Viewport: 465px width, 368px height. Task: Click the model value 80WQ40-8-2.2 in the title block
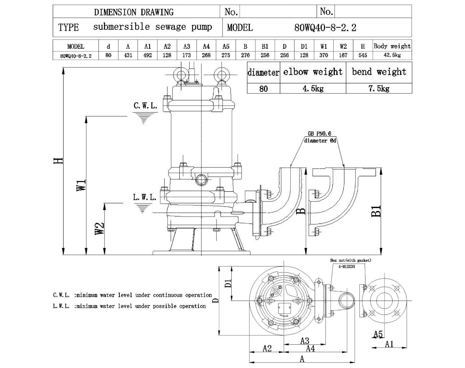click(x=325, y=28)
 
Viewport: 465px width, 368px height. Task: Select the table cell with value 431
click(x=128, y=55)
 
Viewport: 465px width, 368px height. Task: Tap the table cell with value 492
click(x=148, y=55)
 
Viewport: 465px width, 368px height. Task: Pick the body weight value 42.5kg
click(x=392, y=55)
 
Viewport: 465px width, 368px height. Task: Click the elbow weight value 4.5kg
click(x=312, y=89)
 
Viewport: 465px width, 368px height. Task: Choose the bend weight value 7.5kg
click(x=379, y=89)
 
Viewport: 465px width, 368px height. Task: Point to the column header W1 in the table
click(x=324, y=46)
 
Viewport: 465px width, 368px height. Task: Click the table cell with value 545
click(x=363, y=55)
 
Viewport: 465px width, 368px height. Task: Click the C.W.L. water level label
click(x=145, y=106)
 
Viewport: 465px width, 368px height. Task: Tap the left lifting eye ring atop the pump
click(x=179, y=74)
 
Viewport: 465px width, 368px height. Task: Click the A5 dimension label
click(x=378, y=334)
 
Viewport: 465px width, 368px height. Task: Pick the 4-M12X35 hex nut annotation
click(x=347, y=266)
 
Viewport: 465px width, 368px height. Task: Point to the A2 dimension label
click(x=267, y=349)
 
